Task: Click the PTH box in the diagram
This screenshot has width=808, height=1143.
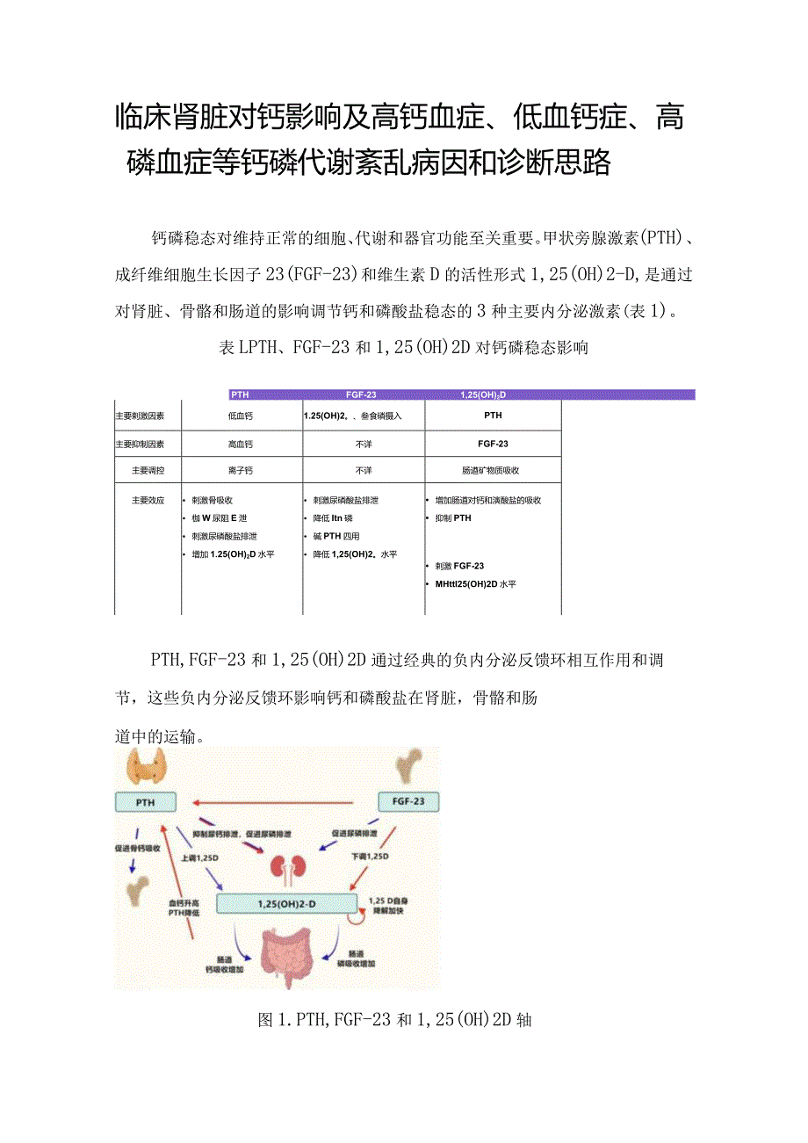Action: [x=146, y=801]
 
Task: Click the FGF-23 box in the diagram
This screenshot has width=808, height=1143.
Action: [x=408, y=801]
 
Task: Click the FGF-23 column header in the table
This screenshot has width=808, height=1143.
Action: [x=362, y=394]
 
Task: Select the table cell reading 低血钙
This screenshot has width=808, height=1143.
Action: [x=241, y=416]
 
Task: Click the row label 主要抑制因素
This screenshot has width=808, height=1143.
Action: [x=146, y=445]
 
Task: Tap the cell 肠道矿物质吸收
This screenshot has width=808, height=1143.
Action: [x=492, y=471]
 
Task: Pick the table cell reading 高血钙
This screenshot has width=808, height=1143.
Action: [x=241, y=445]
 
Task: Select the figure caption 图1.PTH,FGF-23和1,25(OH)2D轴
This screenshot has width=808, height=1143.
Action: [x=394, y=1020]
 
